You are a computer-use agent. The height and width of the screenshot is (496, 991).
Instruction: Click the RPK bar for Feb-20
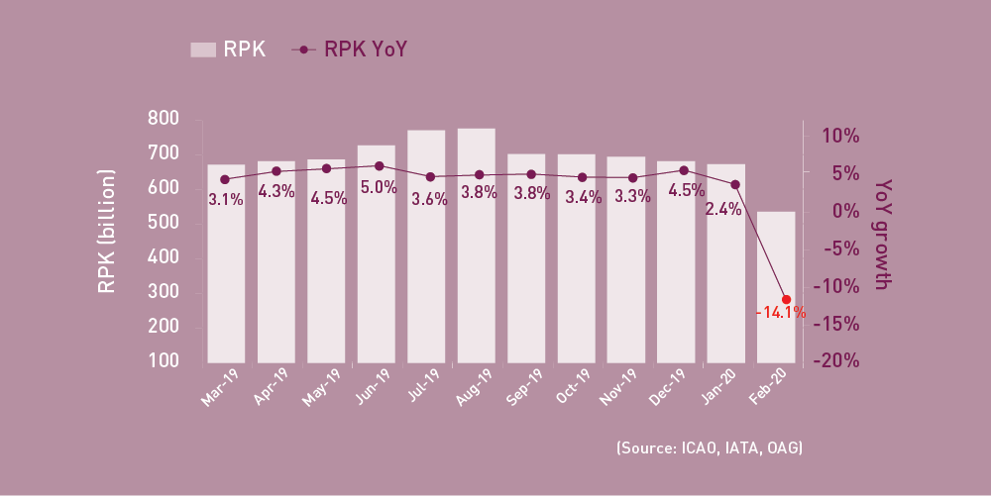pyautogui.click(x=776, y=287)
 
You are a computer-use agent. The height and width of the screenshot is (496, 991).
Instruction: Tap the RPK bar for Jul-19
pyautogui.click(x=426, y=247)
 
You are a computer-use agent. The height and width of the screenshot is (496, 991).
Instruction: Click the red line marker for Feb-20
pyautogui.click(x=786, y=300)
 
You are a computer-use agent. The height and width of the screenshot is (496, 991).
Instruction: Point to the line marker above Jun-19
pyautogui.click(x=379, y=166)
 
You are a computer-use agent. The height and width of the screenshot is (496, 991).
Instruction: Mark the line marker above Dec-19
pyautogui.click(x=684, y=170)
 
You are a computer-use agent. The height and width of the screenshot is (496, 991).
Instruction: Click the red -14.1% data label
pyautogui.click(x=780, y=313)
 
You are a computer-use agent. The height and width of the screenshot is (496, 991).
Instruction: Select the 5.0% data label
pyautogui.click(x=379, y=186)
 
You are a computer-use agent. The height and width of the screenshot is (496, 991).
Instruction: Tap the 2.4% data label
pyautogui.click(x=724, y=209)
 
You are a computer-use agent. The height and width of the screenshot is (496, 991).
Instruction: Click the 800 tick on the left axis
pyautogui.click(x=163, y=119)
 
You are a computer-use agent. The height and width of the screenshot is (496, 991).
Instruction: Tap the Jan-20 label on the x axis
pyautogui.click(x=725, y=387)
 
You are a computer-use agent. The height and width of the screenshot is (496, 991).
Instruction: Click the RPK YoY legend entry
pyautogui.click(x=348, y=49)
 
